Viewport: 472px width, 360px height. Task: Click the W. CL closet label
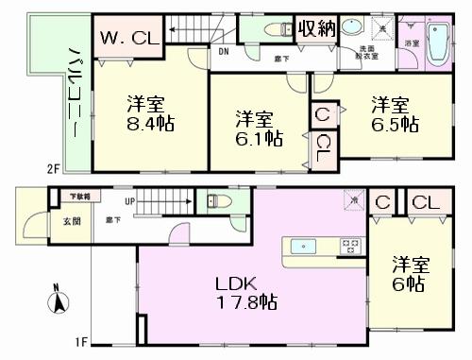pyautogui.click(x=129, y=40)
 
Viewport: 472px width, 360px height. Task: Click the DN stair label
pyautogui.click(x=223, y=51)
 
